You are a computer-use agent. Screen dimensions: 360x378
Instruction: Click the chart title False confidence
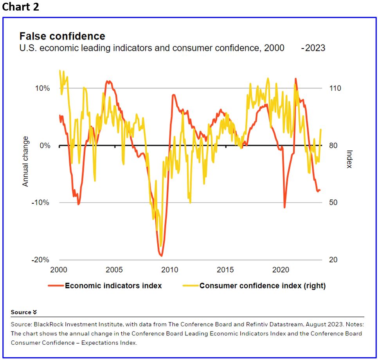[62, 36]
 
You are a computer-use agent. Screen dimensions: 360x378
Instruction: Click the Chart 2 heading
[20, 7]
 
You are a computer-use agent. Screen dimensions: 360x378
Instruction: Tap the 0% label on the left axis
[45, 145]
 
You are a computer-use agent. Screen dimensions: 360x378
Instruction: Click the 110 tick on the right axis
[335, 88]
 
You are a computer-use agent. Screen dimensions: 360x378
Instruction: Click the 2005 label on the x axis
[114, 270]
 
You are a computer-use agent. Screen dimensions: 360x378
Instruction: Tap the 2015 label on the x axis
[225, 270]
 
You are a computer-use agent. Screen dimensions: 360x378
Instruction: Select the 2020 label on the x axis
[281, 270]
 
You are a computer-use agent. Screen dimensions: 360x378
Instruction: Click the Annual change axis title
[25, 161]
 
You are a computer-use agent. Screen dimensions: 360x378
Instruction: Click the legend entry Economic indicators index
[113, 286]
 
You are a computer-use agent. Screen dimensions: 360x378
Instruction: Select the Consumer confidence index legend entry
[262, 286]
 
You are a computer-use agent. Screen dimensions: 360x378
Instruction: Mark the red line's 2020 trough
[284, 207]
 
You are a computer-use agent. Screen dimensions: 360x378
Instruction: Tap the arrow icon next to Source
[35, 312]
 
